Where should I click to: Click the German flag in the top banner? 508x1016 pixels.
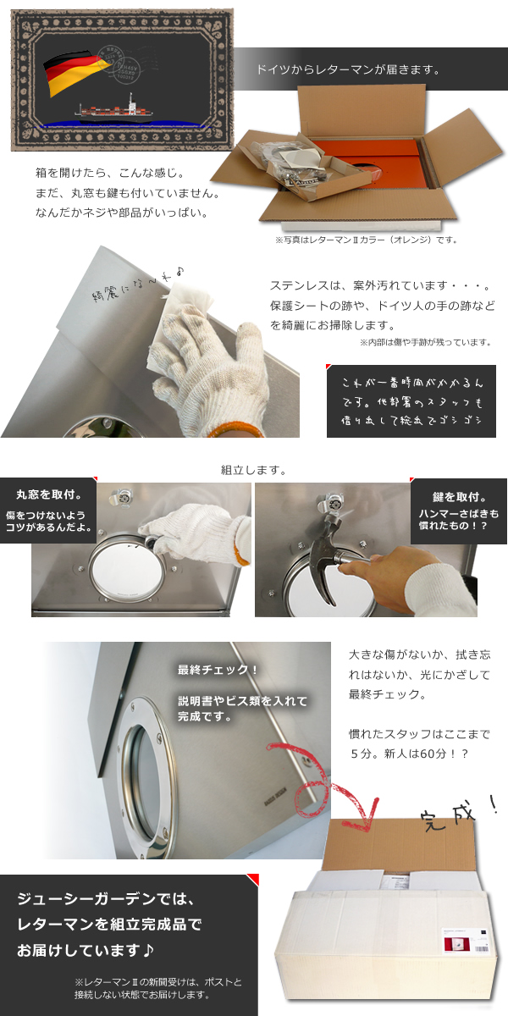click(71, 71)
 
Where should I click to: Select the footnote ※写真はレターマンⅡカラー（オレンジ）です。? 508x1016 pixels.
click(366, 240)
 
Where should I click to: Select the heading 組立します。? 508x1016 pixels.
click(253, 470)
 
